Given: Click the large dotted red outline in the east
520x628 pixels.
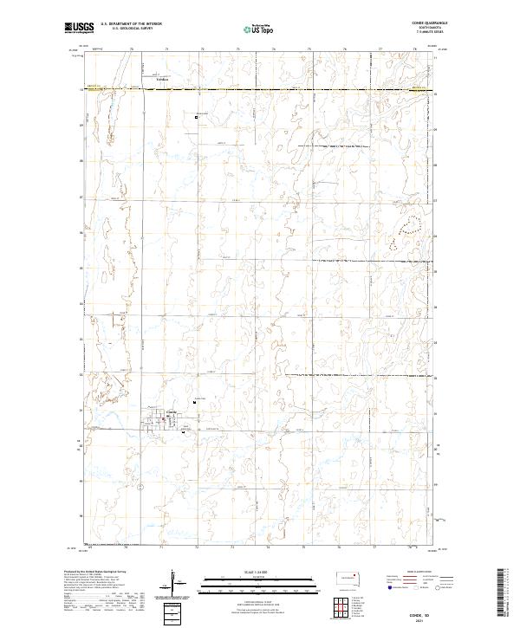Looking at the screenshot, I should tap(411, 227).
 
